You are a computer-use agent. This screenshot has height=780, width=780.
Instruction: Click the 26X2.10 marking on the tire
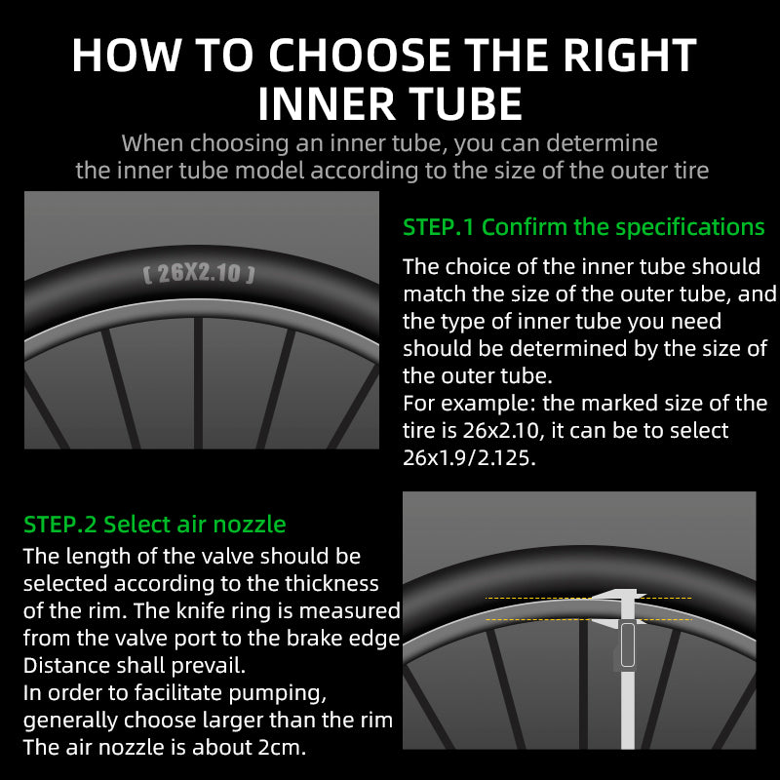click(199, 273)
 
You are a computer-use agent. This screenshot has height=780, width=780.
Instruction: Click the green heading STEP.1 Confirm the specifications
click(584, 227)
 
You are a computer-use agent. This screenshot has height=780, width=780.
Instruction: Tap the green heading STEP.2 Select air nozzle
click(155, 524)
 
